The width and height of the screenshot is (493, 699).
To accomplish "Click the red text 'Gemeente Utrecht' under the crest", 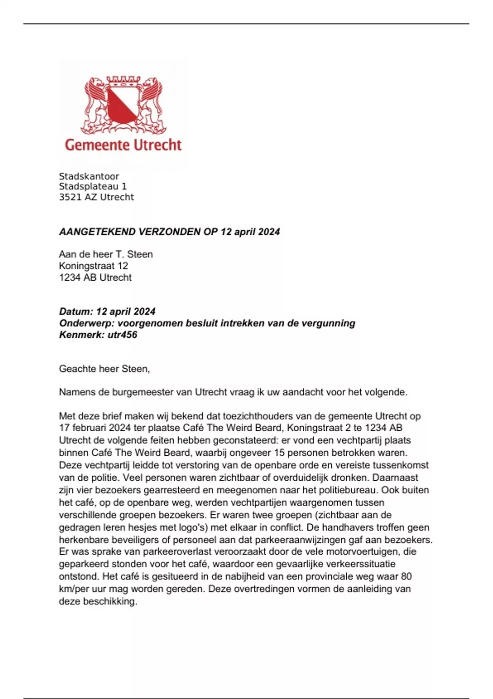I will point(123,145).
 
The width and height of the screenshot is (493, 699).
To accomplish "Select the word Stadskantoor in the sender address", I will point(89,176).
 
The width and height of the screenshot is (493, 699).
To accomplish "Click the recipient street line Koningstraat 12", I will point(93,266).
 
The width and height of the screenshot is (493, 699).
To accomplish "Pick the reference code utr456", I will point(122,335).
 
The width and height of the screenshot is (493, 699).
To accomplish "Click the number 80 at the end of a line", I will point(406,576).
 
